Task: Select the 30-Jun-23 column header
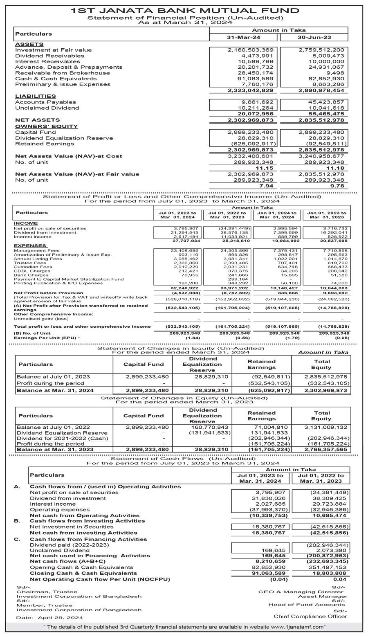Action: (x=314, y=37)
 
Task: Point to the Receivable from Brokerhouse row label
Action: (x=62, y=73)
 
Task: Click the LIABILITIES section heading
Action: (x=35, y=96)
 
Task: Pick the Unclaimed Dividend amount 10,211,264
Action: (x=254, y=108)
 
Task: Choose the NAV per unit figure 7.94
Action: (x=266, y=186)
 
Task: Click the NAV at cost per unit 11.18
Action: (x=337, y=168)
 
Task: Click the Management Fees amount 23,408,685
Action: (x=185, y=250)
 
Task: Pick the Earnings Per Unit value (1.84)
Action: (x=193, y=338)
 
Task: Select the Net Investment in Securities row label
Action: (x=72, y=527)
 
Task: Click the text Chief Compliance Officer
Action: (x=310, y=616)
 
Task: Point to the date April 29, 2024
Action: (x=49, y=617)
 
